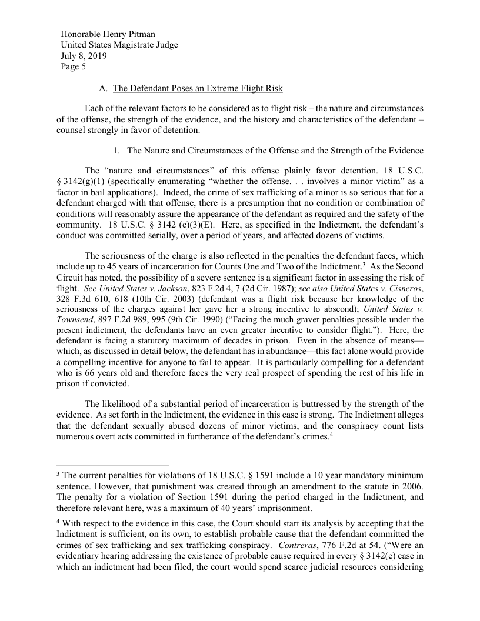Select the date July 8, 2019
click(x=84, y=56)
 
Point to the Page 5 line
click(x=74, y=67)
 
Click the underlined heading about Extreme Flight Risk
click(x=198, y=89)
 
